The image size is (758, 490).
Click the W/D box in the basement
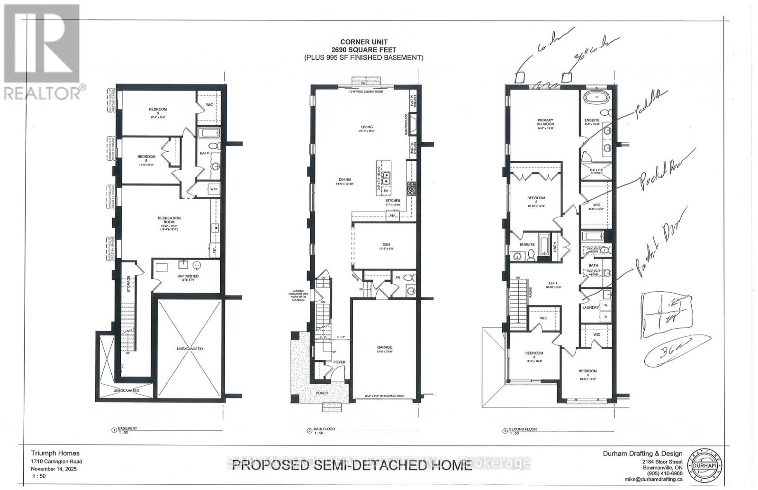coord(214,189)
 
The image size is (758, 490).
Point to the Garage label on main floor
coord(385,347)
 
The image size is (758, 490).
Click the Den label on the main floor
coord(386,245)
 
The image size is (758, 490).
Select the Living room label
coord(367,127)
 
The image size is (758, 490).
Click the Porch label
coord(322,393)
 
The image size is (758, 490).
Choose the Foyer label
coord(339,362)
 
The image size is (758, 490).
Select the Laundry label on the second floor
coord(590,307)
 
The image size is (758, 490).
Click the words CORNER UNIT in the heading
coord(364,42)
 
